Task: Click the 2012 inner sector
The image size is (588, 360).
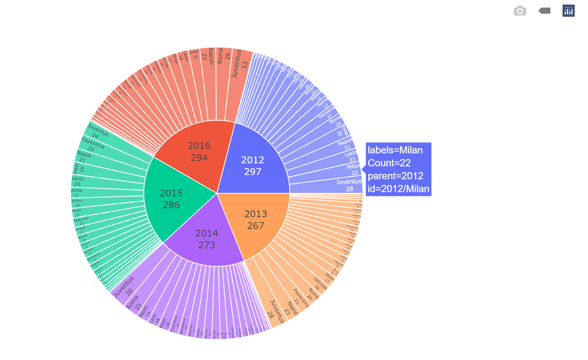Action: coord(253,166)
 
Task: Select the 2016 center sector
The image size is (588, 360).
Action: coord(199,151)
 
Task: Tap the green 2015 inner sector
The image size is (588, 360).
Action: coord(171,199)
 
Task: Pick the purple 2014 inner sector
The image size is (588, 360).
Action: coord(207,239)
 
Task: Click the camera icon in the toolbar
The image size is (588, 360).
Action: coord(520,11)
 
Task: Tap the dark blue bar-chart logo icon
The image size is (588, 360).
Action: coord(568,11)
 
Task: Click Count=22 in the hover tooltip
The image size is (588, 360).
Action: coord(389,163)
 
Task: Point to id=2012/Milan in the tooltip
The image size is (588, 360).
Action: coord(398,189)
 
